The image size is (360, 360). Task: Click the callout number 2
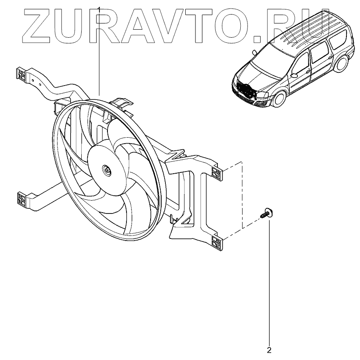coord(269,350)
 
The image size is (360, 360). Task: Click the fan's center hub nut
coord(106,170)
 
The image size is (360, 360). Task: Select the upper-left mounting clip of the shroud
coord(20,74)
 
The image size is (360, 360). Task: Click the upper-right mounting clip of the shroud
coord(217,173)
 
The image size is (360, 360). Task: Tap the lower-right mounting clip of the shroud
coord(217,244)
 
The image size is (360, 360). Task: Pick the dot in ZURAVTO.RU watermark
coord(257,39)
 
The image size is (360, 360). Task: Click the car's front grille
coord(245,90)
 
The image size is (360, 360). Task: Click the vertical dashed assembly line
coord(242,195)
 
